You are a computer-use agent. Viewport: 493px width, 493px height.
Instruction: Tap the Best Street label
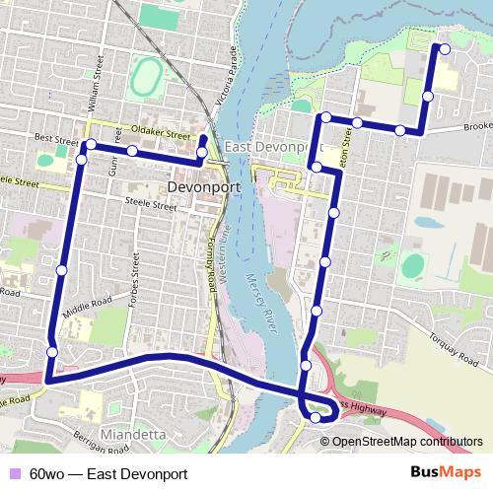point(54,140)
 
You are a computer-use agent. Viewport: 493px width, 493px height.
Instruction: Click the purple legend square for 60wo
point(14,473)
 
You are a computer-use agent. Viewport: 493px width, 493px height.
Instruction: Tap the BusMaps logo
point(448,472)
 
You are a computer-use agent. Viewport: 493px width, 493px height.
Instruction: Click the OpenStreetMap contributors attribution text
point(406,442)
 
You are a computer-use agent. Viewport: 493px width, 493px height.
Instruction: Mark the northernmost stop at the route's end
point(444,48)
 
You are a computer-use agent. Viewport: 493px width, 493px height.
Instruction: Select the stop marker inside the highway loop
point(316,418)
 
